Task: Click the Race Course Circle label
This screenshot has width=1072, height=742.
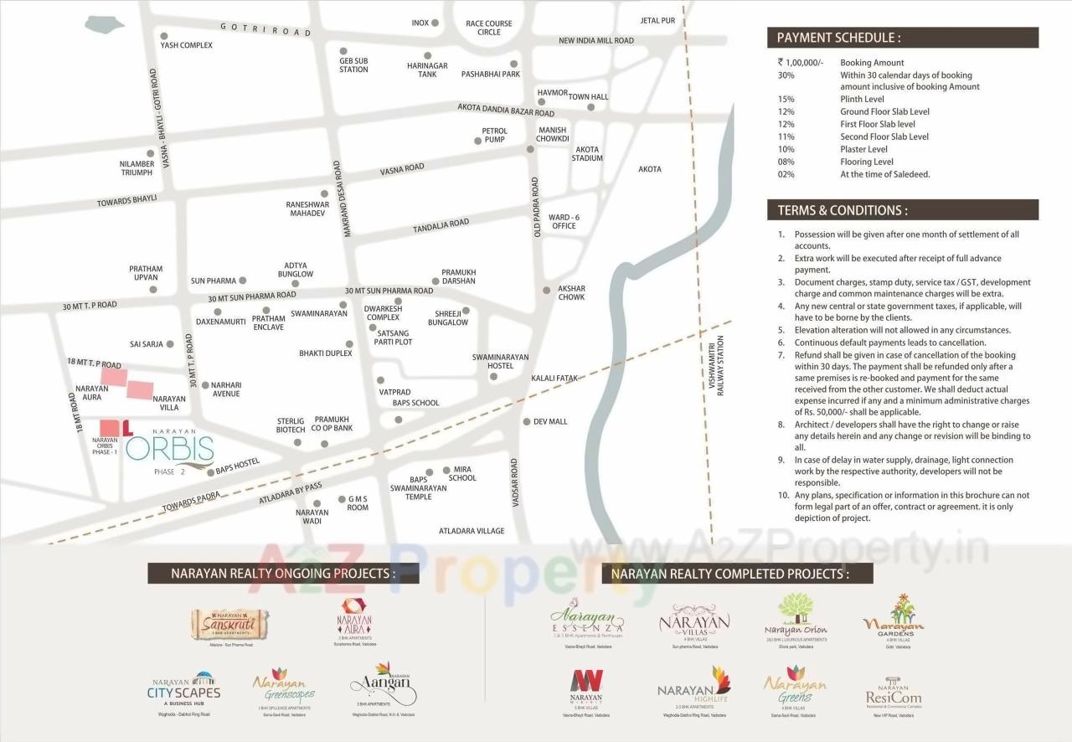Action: (489, 28)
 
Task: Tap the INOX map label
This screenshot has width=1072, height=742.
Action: (420, 23)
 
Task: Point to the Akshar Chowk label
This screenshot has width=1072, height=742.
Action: (571, 292)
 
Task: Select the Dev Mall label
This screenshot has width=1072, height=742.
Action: (550, 421)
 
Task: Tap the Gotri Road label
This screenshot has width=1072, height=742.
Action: (265, 29)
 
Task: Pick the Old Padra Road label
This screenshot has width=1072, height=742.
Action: (536, 207)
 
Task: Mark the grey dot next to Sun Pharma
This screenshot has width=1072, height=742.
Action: (243, 281)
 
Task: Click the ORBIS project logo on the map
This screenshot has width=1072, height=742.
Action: (169, 449)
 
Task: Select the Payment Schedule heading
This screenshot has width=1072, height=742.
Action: (838, 38)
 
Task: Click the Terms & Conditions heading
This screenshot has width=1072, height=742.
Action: (842, 210)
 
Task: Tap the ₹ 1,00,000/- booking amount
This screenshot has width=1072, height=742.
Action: (801, 63)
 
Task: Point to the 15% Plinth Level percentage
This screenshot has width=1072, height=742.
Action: (786, 99)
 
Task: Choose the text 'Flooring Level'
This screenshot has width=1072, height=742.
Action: (867, 162)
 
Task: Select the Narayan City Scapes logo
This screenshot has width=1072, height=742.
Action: (183, 688)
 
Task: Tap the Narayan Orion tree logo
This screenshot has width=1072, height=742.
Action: (796, 616)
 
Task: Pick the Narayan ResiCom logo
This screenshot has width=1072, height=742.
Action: (893, 692)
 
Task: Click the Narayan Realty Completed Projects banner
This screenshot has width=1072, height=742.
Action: (729, 574)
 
